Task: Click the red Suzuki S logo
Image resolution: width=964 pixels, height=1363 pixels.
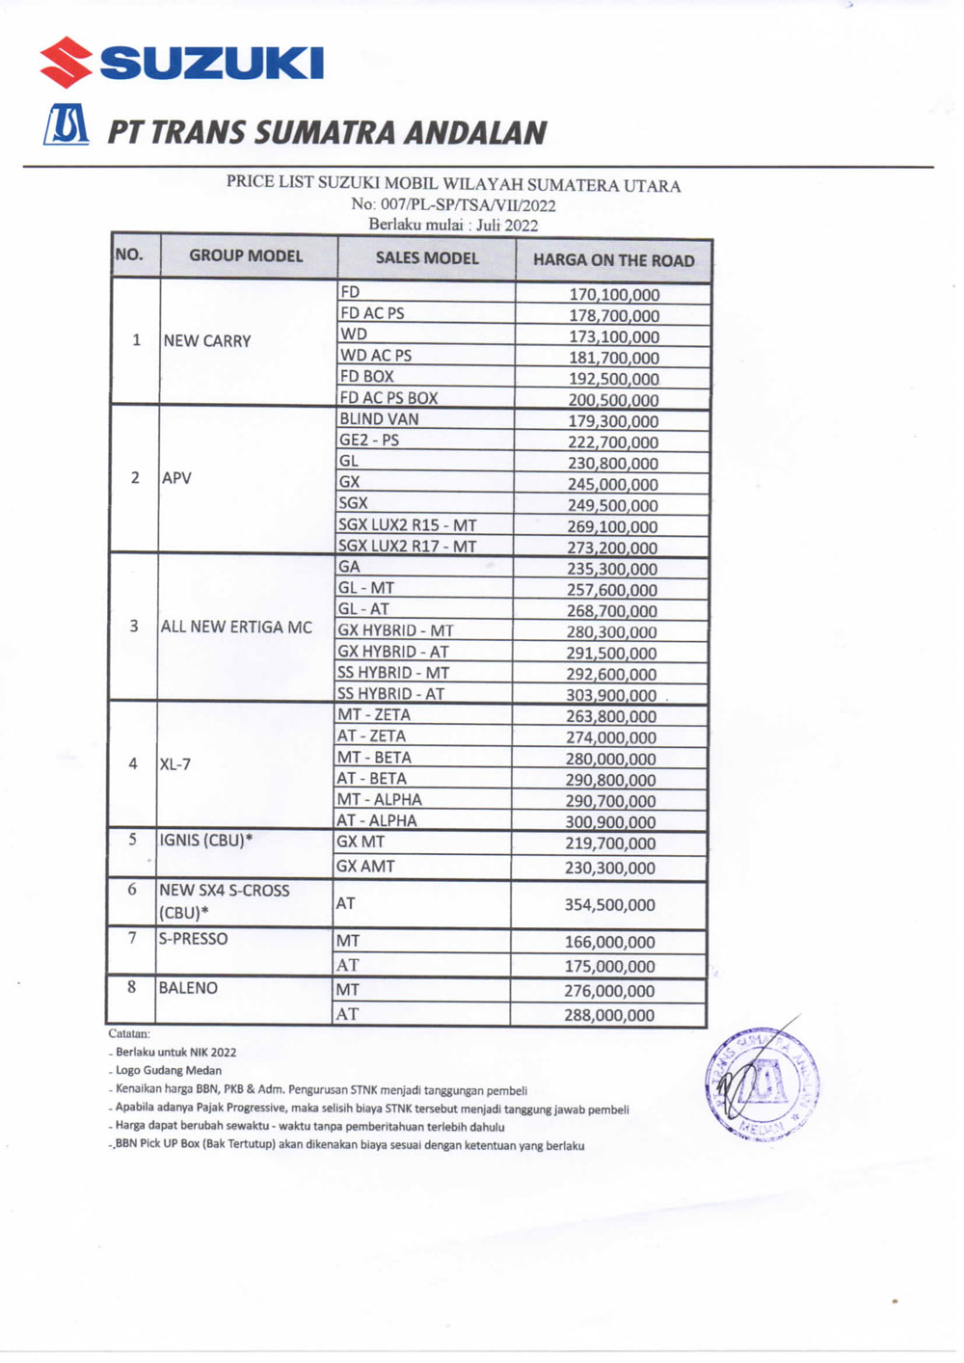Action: pyautogui.click(x=66, y=62)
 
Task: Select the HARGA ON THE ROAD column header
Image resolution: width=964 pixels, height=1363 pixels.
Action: pyautogui.click(x=613, y=260)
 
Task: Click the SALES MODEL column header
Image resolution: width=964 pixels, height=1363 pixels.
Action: pyautogui.click(x=427, y=258)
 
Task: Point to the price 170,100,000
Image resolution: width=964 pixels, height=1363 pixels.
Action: pyautogui.click(x=614, y=295)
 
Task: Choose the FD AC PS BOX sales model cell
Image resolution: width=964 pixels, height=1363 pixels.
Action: pyautogui.click(x=388, y=398)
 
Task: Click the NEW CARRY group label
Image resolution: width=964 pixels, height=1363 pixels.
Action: pyautogui.click(x=207, y=341)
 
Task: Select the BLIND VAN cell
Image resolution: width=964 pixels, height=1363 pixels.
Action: pyautogui.click(x=379, y=419)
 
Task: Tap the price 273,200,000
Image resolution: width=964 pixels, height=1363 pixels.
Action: pyautogui.click(x=612, y=548)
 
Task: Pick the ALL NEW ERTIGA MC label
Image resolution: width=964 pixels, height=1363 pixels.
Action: pyautogui.click(x=236, y=627)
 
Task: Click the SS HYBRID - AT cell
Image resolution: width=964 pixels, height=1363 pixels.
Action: pyautogui.click(x=390, y=694)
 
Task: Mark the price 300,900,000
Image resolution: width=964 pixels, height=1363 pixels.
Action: pyautogui.click(x=610, y=822)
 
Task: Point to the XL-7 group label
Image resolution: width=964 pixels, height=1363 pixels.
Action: pyautogui.click(x=174, y=764)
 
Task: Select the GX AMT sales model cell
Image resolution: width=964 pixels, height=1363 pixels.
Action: pyautogui.click(x=365, y=867)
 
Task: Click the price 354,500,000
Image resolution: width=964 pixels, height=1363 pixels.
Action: pyautogui.click(x=609, y=905)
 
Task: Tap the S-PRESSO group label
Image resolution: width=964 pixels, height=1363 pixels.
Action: pyautogui.click(x=193, y=939)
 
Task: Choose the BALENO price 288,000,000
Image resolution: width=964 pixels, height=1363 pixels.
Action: pyautogui.click(x=609, y=1015)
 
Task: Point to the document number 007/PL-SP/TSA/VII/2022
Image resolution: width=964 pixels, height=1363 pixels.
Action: pyautogui.click(x=453, y=204)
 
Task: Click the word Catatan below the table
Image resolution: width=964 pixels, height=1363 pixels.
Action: pyautogui.click(x=129, y=1033)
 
